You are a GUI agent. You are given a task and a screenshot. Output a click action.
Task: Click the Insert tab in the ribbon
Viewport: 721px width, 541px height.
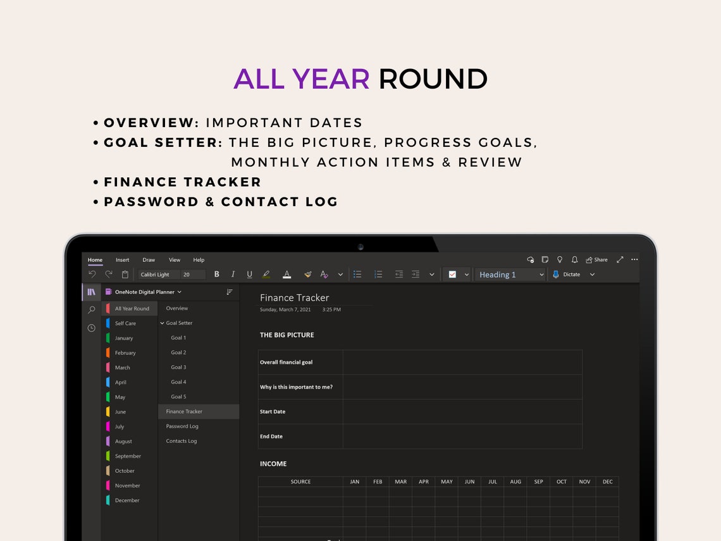click(122, 260)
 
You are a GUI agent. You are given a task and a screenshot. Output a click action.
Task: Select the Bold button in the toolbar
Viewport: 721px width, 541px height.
click(217, 275)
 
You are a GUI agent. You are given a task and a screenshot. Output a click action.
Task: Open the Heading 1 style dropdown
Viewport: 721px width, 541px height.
click(510, 275)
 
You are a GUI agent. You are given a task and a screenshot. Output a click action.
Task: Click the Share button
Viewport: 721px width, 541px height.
click(596, 260)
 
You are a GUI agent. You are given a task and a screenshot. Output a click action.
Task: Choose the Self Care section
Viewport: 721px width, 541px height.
click(125, 323)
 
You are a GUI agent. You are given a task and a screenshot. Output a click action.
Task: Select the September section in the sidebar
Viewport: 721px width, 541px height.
click(128, 456)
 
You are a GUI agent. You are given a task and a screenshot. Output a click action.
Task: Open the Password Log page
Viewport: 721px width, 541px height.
click(182, 426)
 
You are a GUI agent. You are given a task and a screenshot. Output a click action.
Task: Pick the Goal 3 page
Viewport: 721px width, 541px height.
click(178, 368)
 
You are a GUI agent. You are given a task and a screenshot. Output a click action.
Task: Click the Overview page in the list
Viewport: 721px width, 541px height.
click(177, 309)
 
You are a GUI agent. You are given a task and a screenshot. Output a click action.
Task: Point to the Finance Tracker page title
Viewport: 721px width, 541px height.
click(295, 298)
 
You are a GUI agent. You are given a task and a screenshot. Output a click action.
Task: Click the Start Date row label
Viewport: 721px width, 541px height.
click(273, 412)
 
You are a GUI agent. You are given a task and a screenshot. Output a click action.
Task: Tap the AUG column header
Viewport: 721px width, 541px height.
click(515, 482)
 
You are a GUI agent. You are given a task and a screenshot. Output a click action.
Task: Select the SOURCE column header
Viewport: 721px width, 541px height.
click(300, 482)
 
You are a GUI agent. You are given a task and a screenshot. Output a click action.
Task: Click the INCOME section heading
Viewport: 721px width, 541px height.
click(273, 464)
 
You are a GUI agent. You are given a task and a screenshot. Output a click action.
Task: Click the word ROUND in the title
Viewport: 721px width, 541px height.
click(433, 79)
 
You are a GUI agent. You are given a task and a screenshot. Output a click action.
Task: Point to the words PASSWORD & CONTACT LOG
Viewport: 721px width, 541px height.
click(221, 202)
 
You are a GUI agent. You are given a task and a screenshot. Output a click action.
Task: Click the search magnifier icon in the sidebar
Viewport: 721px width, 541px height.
click(92, 310)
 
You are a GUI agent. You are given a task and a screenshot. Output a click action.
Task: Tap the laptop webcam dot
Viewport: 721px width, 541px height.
click(360, 247)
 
